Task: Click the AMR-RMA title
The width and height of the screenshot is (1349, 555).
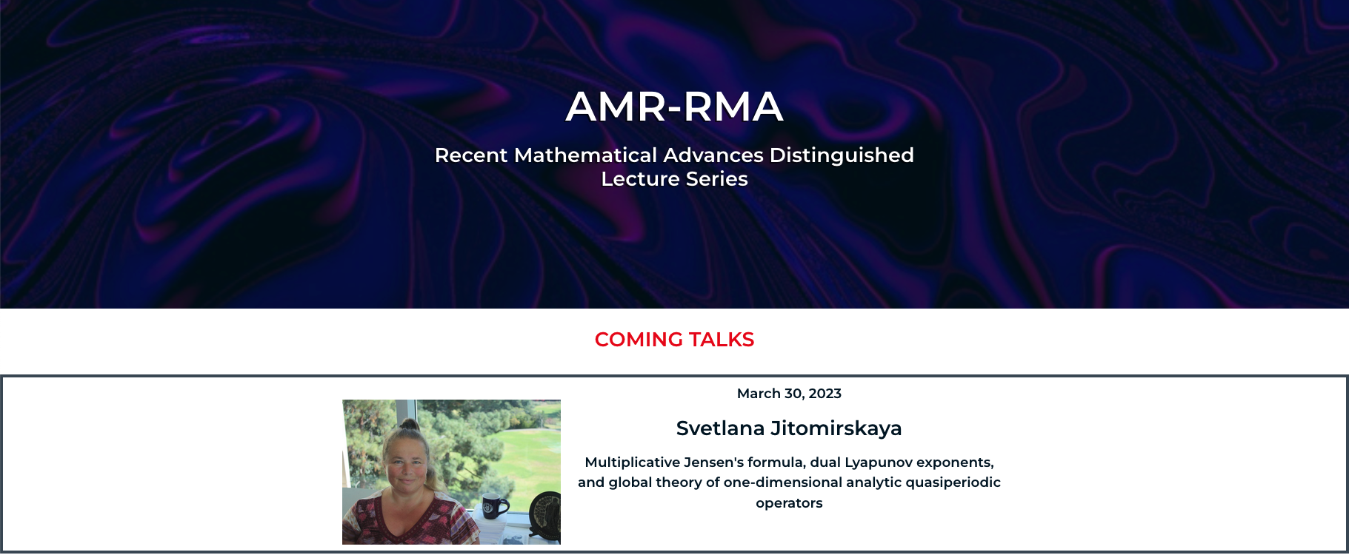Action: click(674, 107)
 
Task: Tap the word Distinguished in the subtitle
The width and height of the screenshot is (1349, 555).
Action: click(842, 156)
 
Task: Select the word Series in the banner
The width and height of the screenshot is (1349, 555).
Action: click(716, 179)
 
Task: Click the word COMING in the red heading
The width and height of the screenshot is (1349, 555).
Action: click(639, 340)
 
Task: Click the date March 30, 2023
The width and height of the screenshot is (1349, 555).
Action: click(789, 394)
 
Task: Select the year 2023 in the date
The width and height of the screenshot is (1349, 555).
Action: click(825, 394)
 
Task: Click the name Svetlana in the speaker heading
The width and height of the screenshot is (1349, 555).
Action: click(720, 428)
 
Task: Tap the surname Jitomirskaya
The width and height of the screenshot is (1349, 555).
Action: click(836, 428)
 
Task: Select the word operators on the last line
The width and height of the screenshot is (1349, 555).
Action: click(789, 503)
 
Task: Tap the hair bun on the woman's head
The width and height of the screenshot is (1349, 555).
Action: click(410, 426)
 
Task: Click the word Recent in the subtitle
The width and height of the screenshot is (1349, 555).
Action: click(471, 155)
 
